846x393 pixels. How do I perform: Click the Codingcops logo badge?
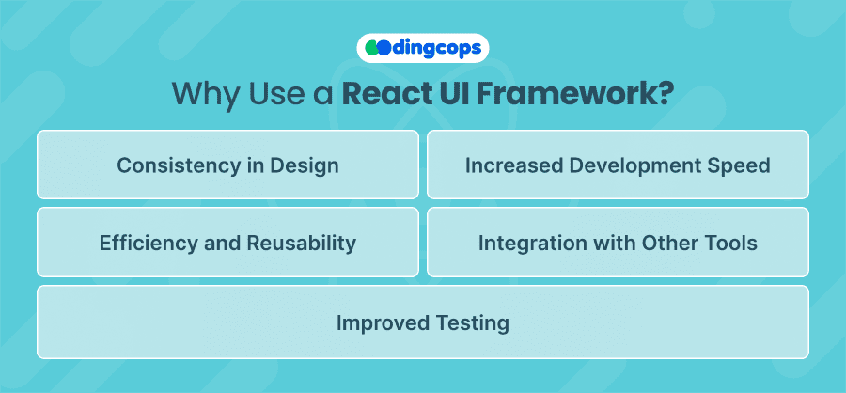click(x=422, y=48)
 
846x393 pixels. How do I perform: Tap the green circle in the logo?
click(x=371, y=48)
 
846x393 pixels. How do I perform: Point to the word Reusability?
click(x=302, y=243)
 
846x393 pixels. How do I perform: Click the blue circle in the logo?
click(x=384, y=48)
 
